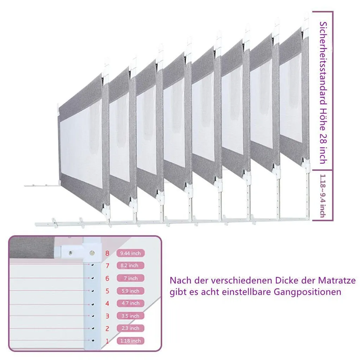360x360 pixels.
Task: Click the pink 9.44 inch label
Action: (x=130, y=253)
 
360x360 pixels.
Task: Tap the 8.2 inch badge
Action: (x=130, y=265)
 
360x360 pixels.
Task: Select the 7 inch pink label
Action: (x=130, y=278)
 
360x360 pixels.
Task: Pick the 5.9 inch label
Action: (x=130, y=291)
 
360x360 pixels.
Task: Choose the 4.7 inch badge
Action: (x=130, y=303)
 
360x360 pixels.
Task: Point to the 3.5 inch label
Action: (x=130, y=316)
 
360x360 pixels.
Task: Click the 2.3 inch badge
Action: (x=130, y=328)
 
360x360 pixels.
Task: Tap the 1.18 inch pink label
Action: (x=130, y=341)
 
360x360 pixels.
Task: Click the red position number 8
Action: (x=107, y=253)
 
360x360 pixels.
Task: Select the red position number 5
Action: (x=107, y=291)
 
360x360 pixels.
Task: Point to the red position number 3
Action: (x=107, y=316)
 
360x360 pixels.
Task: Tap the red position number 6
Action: (x=107, y=278)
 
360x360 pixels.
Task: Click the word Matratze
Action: (x=337, y=280)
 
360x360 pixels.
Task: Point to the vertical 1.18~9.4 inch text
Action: (x=323, y=196)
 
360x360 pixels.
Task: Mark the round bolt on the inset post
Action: (x=92, y=253)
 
